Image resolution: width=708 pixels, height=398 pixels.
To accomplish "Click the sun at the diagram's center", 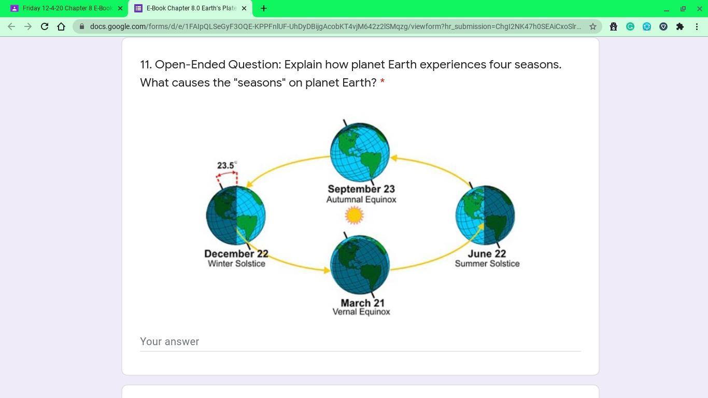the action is (x=354, y=215).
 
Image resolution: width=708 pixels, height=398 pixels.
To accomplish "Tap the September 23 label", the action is (x=361, y=189).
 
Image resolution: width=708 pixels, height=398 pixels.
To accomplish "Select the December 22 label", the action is (x=236, y=253).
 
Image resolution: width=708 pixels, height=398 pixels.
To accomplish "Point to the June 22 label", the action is (x=487, y=253).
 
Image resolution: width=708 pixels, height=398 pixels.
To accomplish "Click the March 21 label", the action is (x=362, y=303).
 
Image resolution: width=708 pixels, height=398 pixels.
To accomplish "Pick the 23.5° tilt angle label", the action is (x=226, y=165).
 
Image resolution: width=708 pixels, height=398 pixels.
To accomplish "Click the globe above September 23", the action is (x=360, y=152).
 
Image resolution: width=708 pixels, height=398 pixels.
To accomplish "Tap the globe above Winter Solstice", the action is (x=236, y=215).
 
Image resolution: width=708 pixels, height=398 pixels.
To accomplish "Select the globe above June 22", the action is (x=485, y=215).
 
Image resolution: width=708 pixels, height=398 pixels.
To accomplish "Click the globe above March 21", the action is (x=360, y=265).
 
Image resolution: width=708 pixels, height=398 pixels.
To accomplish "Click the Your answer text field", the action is (x=360, y=342).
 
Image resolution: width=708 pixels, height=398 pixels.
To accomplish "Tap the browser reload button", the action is (x=45, y=26).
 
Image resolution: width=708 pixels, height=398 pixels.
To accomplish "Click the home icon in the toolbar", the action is (x=61, y=26).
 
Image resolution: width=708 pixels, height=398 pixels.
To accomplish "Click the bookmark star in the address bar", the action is (x=592, y=26).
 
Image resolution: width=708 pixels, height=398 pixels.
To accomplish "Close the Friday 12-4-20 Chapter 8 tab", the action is (x=120, y=8).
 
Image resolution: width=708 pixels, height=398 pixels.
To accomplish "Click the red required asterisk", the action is (x=383, y=81).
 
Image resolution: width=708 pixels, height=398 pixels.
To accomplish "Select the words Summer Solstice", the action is (x=487, y=264).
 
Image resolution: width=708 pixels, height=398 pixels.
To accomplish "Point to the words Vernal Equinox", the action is (x=361, y=312).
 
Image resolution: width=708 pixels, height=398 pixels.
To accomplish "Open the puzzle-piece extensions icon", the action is (x=680, y=26).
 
